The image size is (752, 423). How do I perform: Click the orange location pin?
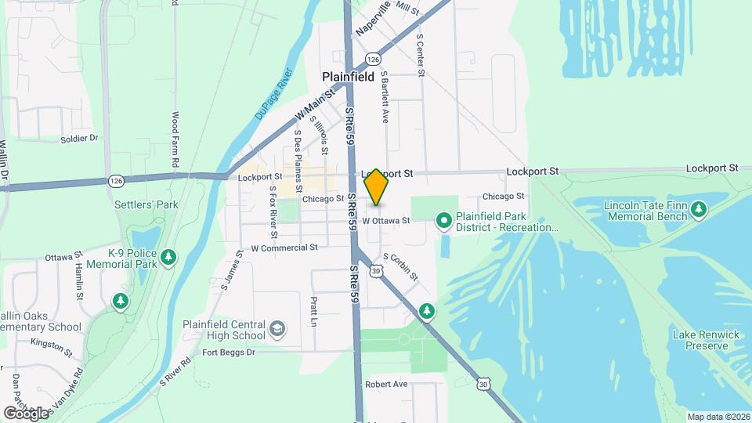pyautogui.click(x=376, y=188)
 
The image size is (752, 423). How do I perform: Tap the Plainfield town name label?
pyautogui.click(x=349, y=77)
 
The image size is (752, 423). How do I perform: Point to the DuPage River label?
pyautogui.click(x=273, y=98)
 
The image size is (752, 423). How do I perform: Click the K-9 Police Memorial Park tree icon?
pyautogui.click(x=168, y=256)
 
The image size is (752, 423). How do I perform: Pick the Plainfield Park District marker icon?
pyautogui.click(x=444, y=221)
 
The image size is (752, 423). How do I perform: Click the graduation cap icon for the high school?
pyautogui.click(x=277, y=329)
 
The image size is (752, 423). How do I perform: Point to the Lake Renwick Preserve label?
pyautogui.click(x=706, y=340)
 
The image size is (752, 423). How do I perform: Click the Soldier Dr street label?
pyautogui.click(x=79, y=139)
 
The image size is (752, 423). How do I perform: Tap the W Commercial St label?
pyautogui.click(x=284, y=248)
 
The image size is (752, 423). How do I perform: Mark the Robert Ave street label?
pyautogui.click(x=386, y=385)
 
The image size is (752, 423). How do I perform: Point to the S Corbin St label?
pyautogui.click(x=400, y=266)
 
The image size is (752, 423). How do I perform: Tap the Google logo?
pyautogui.click(x=26, y=413)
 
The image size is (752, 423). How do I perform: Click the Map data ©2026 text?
pyautogui.click(x=718, y=417)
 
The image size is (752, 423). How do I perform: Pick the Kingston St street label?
pyautogui.click(x=51, y=342)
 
